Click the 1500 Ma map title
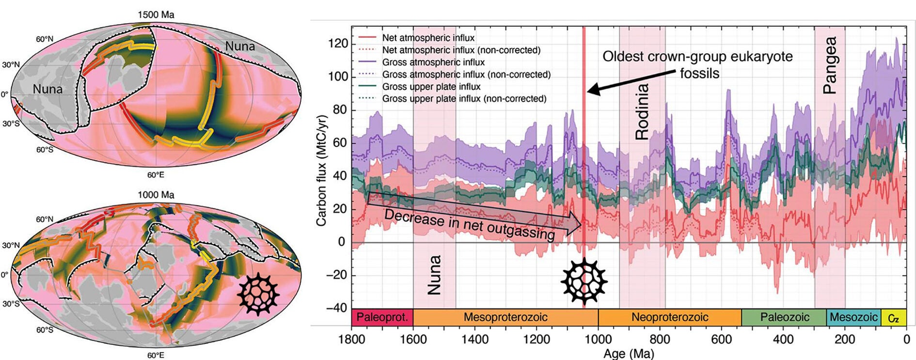(x=156, y=15)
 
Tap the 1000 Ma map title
(x=156, y=195)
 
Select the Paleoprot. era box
(x=382, y=317)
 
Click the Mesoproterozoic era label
(x=505, y=317)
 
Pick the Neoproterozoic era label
(x=669, y=317)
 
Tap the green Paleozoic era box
(x=784, y=317)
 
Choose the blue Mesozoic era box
(x=853, y=317)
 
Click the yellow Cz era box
(x=893, y=318)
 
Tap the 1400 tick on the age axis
(x=474, y=339)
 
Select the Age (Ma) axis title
(x=628, y=354)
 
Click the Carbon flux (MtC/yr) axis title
(x=321, y=171)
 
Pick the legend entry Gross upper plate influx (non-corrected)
(x=464, y=99)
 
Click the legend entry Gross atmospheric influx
(x=433, y=62)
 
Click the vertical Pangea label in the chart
(x=830, y=65)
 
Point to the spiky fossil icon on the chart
(x=584, y=281)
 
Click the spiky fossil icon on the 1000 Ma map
(x=258, y=294)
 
